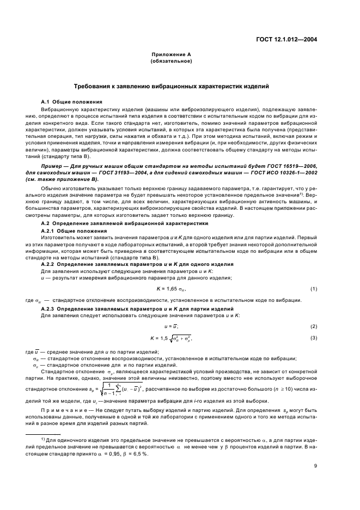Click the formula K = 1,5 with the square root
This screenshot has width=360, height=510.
(x=174, y=339)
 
